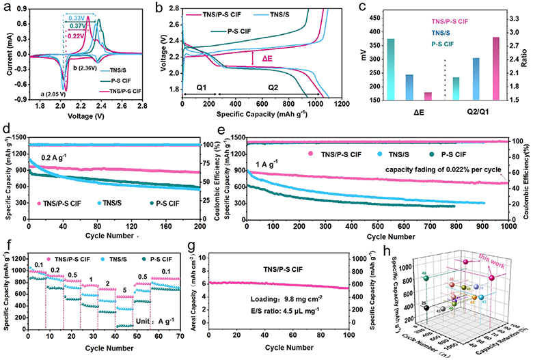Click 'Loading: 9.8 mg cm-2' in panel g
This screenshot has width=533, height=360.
327,307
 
